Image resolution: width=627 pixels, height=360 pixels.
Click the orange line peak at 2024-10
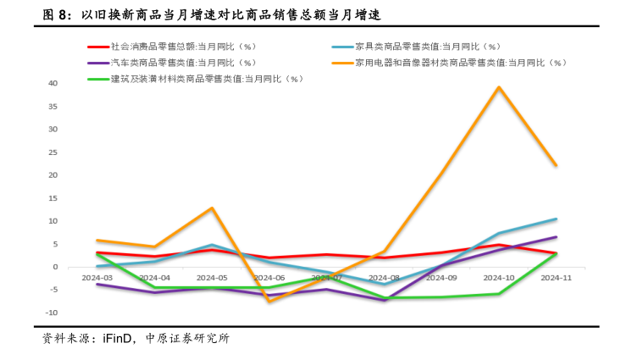click(498, 87)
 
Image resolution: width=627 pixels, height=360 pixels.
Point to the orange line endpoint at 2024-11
click(556, 165)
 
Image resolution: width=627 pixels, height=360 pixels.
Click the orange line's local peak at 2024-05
click(212, 208)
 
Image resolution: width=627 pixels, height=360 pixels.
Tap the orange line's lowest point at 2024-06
click(269, 301)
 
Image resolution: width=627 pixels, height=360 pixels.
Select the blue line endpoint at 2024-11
click(556, 219)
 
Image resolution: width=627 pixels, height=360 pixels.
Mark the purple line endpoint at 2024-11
click(556, 237)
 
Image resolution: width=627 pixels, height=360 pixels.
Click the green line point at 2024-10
click(498, 294)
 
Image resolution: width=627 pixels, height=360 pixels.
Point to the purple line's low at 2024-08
click(384, 300)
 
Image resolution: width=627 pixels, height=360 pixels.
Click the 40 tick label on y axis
click(53, 84)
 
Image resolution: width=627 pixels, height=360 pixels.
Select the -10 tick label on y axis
click(51, 313)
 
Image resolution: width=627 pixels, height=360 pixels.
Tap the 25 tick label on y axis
click(53, 152)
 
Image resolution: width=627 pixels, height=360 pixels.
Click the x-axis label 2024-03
click(97, 277)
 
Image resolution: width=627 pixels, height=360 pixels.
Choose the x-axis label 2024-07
click(326, 277)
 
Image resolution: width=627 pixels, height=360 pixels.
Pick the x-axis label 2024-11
click(556, 277)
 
